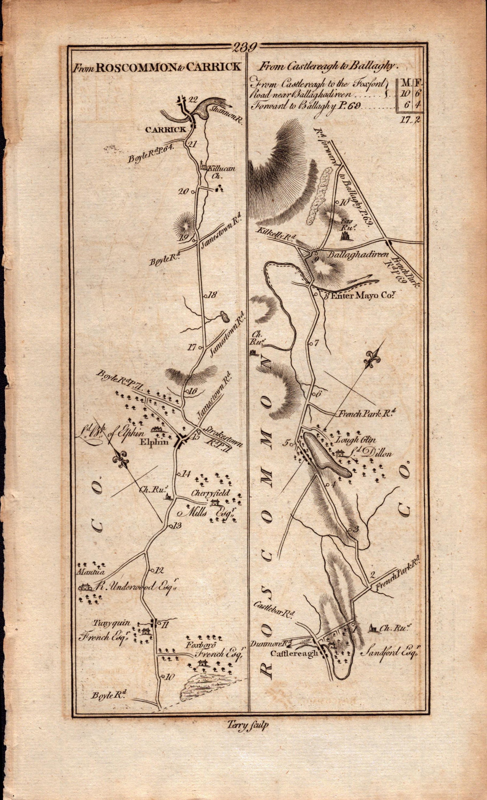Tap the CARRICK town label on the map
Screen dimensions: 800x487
166,129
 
